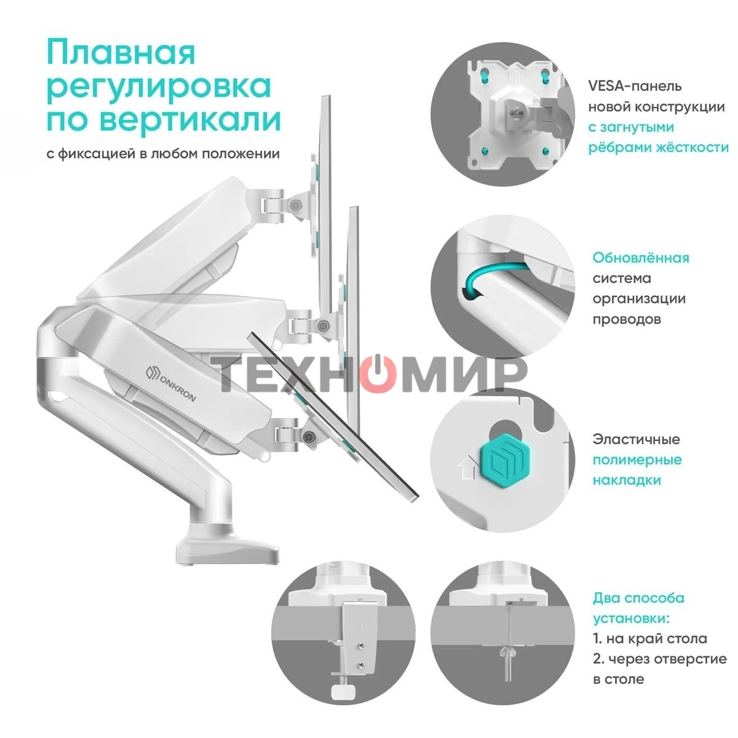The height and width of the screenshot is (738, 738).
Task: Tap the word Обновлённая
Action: pos(641,258)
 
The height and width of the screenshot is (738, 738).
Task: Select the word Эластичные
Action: pos(636,439)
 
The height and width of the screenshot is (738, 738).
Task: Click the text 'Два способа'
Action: pos(638,598)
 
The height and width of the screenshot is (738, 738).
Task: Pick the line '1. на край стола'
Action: pos(649,638)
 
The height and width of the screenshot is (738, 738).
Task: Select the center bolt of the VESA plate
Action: pos(514,113)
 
